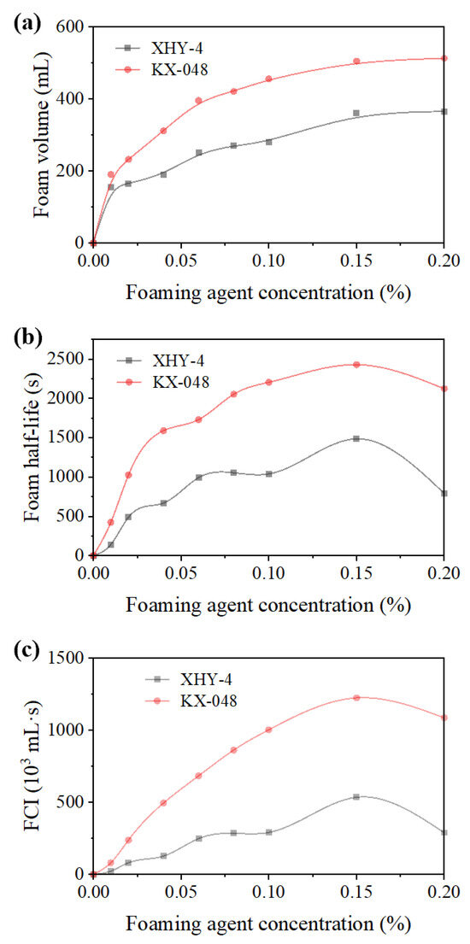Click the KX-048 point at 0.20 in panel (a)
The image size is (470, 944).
pyautogui.click(x=444, y=58)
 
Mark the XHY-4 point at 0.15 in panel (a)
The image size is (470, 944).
pyautogui.click(x=356, y=113)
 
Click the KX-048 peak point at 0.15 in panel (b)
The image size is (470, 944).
pyautogui.click(x=356, y=365)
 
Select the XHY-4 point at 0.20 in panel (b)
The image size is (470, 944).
pyautogui.click(x=444, y=493)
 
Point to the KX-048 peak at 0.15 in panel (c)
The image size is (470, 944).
pyautogui.click(x=356, y=697)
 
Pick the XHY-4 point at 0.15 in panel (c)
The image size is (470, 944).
pyautogui.click(x=356, y=797)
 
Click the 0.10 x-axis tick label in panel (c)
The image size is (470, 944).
pyautogui.click(x=268, y=893)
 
